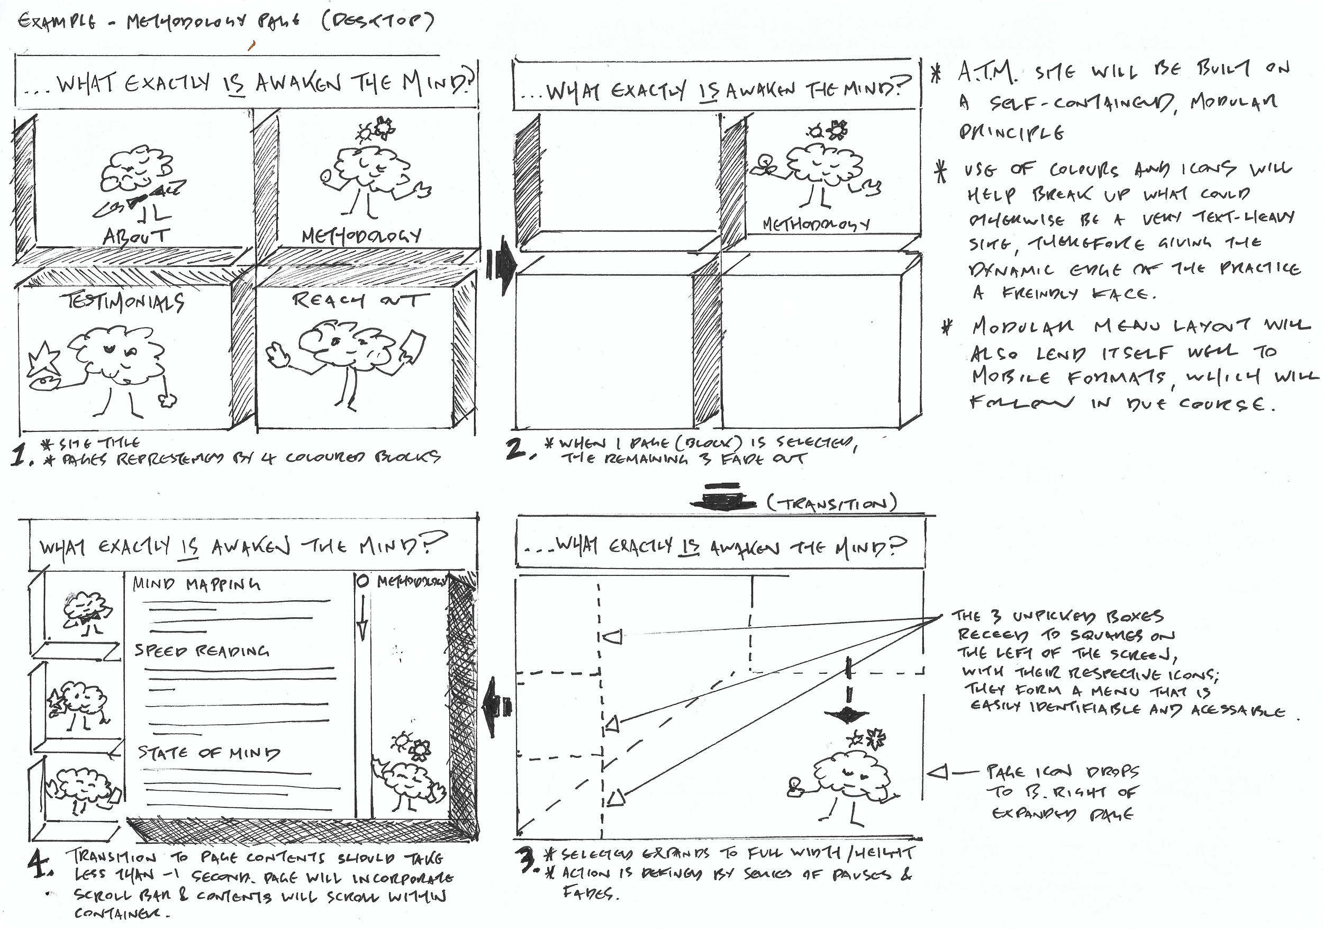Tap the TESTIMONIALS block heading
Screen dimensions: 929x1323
tap(124, 301)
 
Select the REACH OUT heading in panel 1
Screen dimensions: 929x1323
tap(361, 300)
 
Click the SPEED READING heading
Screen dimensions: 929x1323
tap(202, 651)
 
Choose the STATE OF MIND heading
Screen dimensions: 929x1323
tap(209, 752)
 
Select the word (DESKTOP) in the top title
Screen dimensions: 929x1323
tap(378, 22)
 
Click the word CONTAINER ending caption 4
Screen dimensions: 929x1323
tap(122, 914)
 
